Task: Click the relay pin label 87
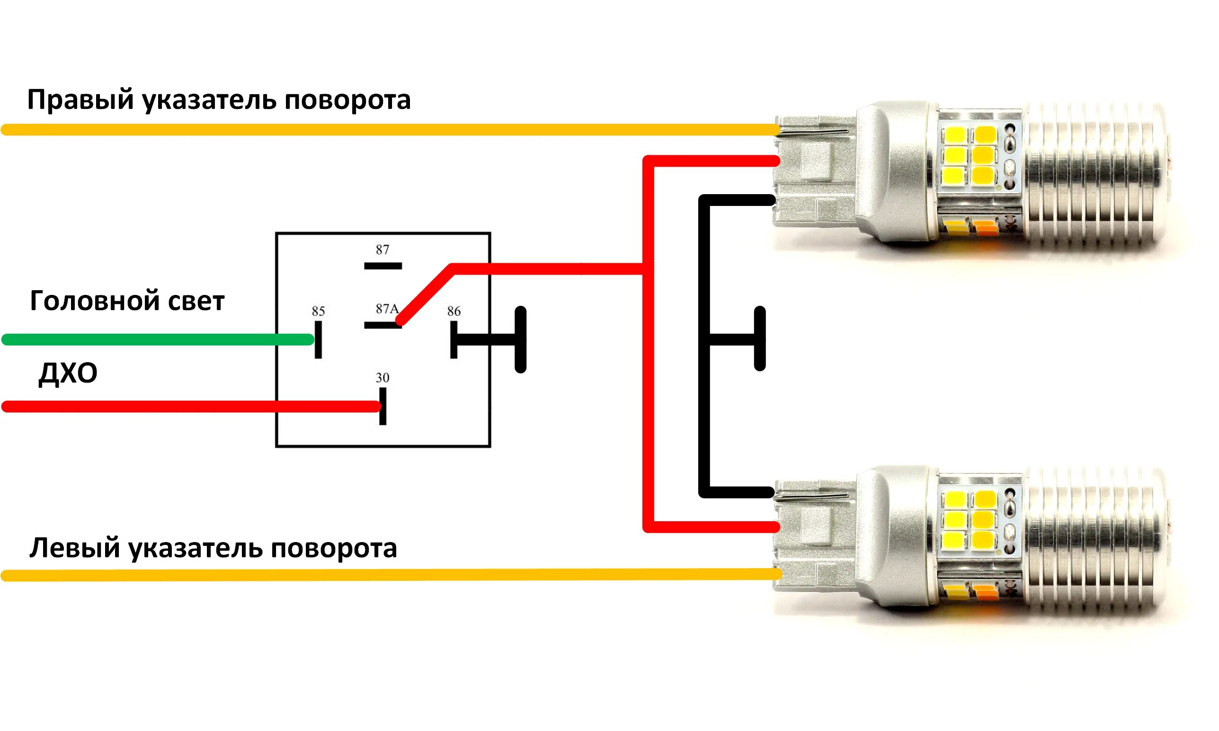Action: click(x=382, y=250)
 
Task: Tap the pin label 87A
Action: click(x=387, y=309)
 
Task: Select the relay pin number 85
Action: click(x=318, y=312)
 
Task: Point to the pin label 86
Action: click(x=454, y=312)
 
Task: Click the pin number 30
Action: click(x=382, y=378)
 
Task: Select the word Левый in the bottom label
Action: click(x=74, y=548)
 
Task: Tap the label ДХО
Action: click(x=68, y=373)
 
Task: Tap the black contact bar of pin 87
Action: click(x=383, y=266)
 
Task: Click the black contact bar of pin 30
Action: click(x=383, y=406)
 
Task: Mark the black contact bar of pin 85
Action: click(x=318, y=340)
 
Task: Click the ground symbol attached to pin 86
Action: click(x=520, y=340)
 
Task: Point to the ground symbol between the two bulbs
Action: click(x=759, y=339)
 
